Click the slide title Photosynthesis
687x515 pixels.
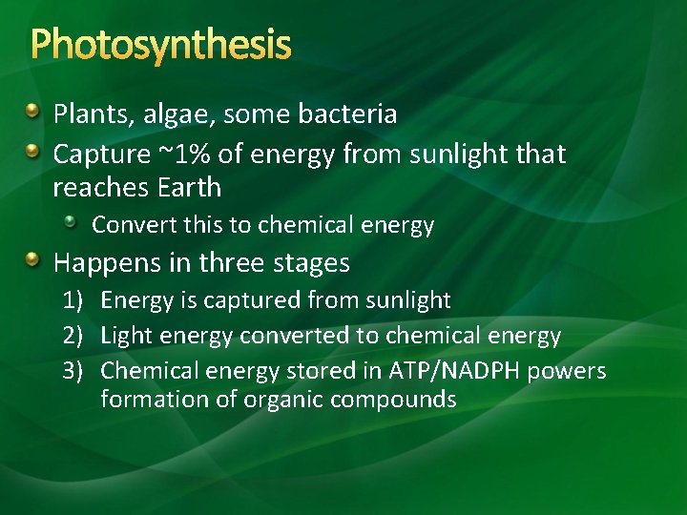pos(160,44)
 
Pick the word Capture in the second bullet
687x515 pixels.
pos(102,155)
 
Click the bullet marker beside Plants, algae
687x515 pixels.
pos(33,114)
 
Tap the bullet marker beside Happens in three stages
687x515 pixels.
pos(33,260)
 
